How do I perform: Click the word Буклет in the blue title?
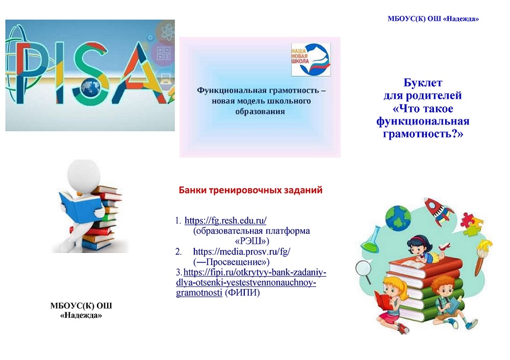coord(423,83)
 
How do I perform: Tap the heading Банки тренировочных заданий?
coord(250,190)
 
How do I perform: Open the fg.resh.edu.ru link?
coord(225,220)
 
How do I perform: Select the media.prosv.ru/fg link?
coord(242,251)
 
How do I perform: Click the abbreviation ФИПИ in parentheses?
coord(242,293)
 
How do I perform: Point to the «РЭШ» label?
coord(252,241)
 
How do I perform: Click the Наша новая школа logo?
coord(311,60)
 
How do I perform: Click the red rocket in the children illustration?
coord(439,212)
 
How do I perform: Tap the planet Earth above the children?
coord(398,218)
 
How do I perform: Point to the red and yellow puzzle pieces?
coord(471,224)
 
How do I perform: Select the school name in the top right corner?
coord(433,18)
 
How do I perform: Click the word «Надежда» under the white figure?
coord(81,315)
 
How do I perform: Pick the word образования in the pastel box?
coord(260,112)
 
